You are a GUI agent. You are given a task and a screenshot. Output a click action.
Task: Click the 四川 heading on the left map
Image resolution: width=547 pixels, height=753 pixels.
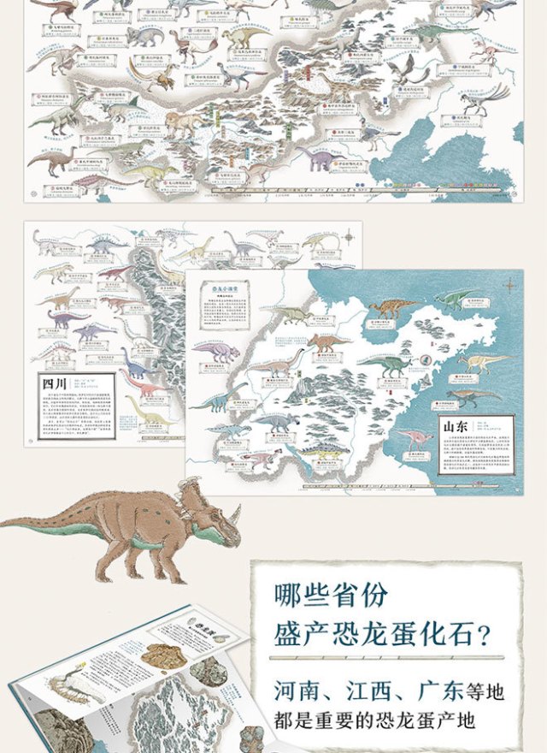[53, 382]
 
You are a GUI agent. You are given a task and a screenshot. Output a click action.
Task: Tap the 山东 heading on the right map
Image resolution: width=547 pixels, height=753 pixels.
[452, 424]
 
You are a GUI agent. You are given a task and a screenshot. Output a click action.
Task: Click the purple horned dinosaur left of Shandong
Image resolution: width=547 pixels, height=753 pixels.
[217, 351]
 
